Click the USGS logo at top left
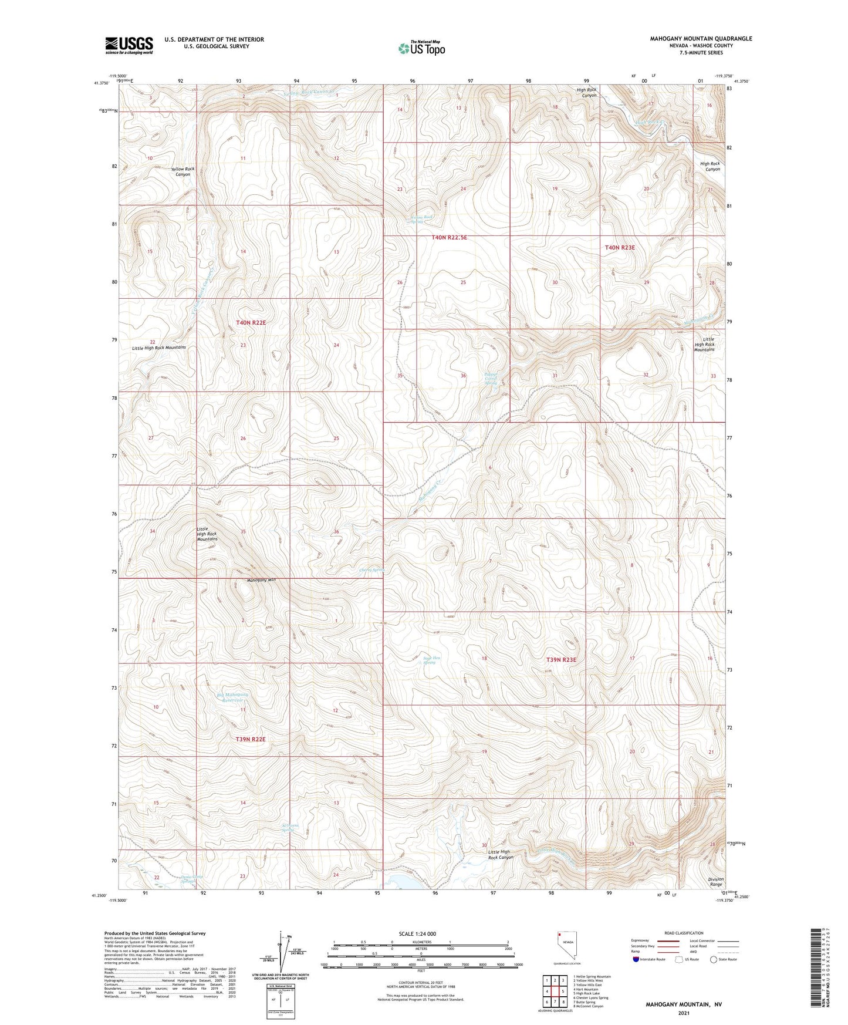129,45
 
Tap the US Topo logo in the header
421,48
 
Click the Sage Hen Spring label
431,660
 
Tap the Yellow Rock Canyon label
182,171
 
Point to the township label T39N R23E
562,659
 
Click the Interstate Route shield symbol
636,959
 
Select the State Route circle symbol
714,959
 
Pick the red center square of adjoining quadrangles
555,991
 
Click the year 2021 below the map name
683,1013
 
